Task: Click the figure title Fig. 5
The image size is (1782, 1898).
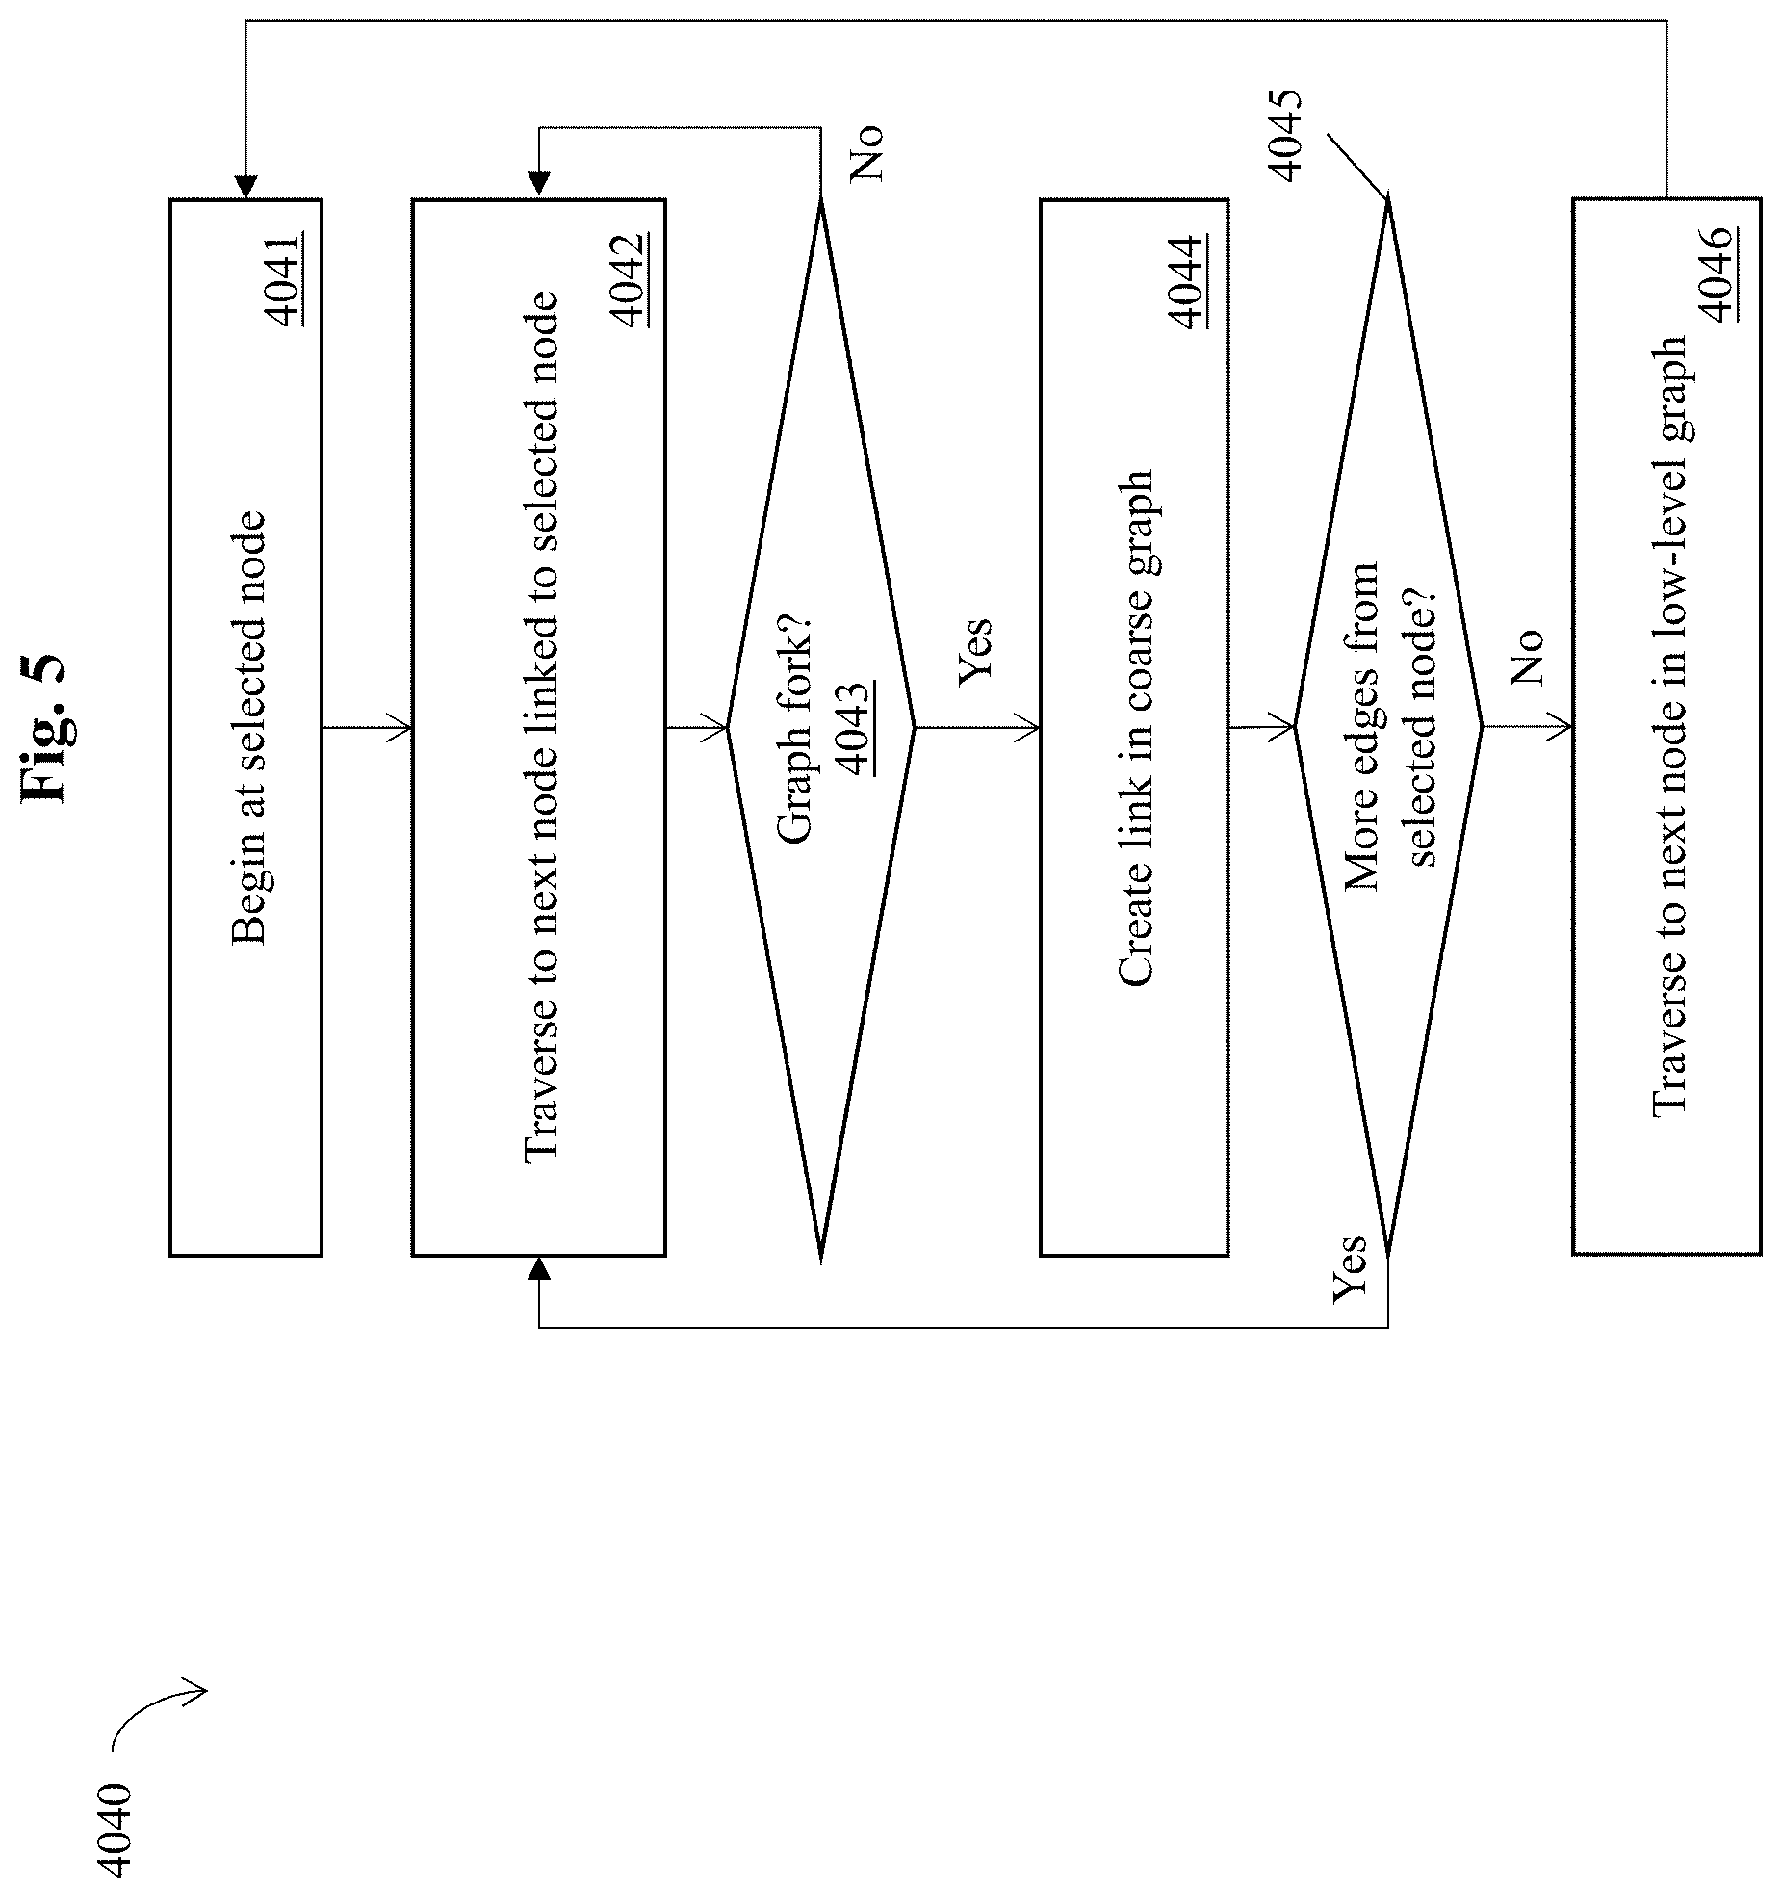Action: click(x=45, y=729)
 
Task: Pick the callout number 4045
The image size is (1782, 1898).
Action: click(x=1284, y=135)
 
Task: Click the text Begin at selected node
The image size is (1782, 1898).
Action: click(x=248, y=728)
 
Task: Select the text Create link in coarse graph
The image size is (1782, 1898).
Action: click(x=1136, y=728)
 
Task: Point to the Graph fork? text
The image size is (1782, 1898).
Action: click(x=795, y=728)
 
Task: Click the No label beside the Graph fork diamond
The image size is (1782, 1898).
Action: click(x=866, y=153)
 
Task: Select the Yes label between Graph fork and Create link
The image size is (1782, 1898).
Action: click(x=974, y=654)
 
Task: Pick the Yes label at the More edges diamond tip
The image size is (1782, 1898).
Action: click(x=1350, y=1270)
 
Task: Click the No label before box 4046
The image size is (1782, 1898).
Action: click(x=1527, y=657)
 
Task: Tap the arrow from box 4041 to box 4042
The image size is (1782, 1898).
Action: click(x=367, y=728)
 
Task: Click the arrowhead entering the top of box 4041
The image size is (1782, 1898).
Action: click(x=245, y=187)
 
